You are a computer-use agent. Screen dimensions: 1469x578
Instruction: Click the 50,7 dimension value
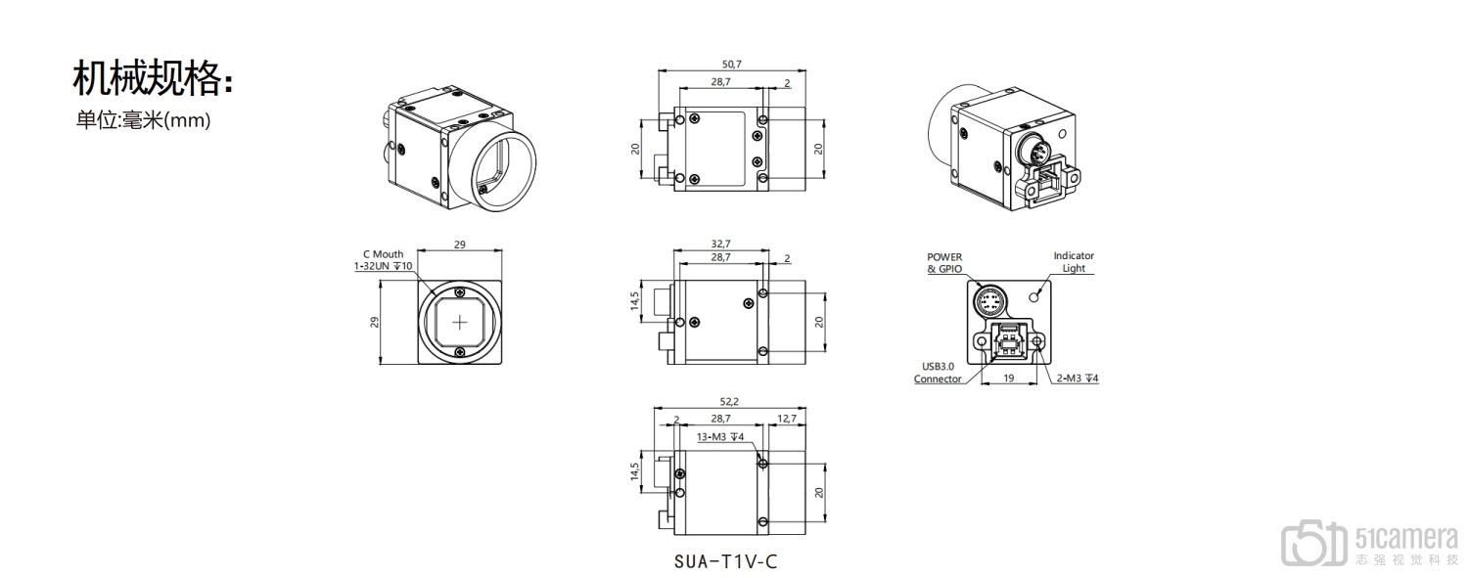click(x=731, y=65)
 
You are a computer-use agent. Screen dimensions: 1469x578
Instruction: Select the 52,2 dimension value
click(x=729, y=402)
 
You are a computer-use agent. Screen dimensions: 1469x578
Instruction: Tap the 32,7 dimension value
click(x=720, y=244)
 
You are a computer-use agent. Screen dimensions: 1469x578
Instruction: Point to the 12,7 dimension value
click(x=786, y=419)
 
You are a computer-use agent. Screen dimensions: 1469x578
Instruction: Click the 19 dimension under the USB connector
click(x=1009, y=378)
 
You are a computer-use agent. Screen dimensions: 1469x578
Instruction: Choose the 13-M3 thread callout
click(x=719, y=437)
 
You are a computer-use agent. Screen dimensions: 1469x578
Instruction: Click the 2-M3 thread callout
click(x=1077, y=378)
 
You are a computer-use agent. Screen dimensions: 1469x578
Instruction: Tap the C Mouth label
click(x=383, y=254)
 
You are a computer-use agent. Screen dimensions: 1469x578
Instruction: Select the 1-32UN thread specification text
click(x=383, y=266)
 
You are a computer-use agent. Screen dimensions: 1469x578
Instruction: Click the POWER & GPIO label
click(x=944, y=263)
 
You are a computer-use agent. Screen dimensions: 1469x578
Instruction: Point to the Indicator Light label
click(x=1074, y=262)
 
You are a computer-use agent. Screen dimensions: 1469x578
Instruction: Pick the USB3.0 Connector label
click(x=938, y=373)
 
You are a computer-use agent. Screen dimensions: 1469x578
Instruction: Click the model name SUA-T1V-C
click(x=725, y=561)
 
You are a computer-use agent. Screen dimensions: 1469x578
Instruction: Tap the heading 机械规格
click(x=153, y=79)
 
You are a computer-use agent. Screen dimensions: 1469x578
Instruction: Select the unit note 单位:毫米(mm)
click(x=144, y=120)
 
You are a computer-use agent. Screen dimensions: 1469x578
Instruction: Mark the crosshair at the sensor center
click(x=460, y=323)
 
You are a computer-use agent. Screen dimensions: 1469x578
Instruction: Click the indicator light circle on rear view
click(x=1034, y=297)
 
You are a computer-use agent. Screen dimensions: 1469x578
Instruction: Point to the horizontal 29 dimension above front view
click(x=460, y=245)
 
